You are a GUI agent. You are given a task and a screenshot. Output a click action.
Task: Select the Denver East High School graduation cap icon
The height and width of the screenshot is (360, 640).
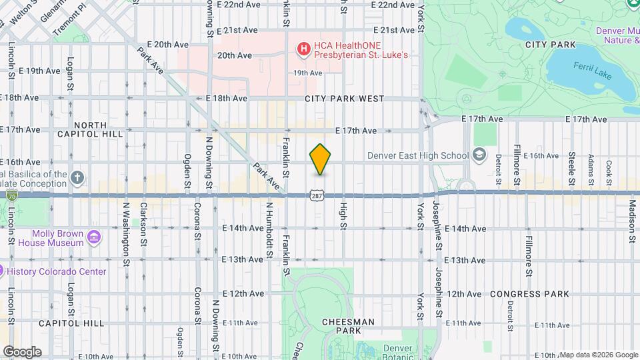tap(479, 156)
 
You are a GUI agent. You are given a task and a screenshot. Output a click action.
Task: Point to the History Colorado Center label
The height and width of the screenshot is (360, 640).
tap(56, 271)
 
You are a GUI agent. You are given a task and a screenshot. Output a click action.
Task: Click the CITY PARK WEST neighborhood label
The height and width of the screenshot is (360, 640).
tap(344, 99)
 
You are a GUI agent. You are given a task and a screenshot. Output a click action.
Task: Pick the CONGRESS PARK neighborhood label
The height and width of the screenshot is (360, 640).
tap(530, 294)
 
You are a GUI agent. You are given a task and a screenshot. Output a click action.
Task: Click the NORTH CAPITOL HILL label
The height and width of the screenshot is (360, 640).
tap(91, 129)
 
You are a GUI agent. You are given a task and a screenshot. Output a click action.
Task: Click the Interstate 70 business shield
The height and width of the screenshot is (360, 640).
tap(11, 196)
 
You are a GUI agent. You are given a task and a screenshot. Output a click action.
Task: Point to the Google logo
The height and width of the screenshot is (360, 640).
tap(21, 352)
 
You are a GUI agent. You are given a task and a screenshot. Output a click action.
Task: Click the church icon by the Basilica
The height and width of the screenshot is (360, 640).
tap(78, 177)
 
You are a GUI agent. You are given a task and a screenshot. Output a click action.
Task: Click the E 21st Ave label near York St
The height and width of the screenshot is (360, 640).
tap(394, 30)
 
